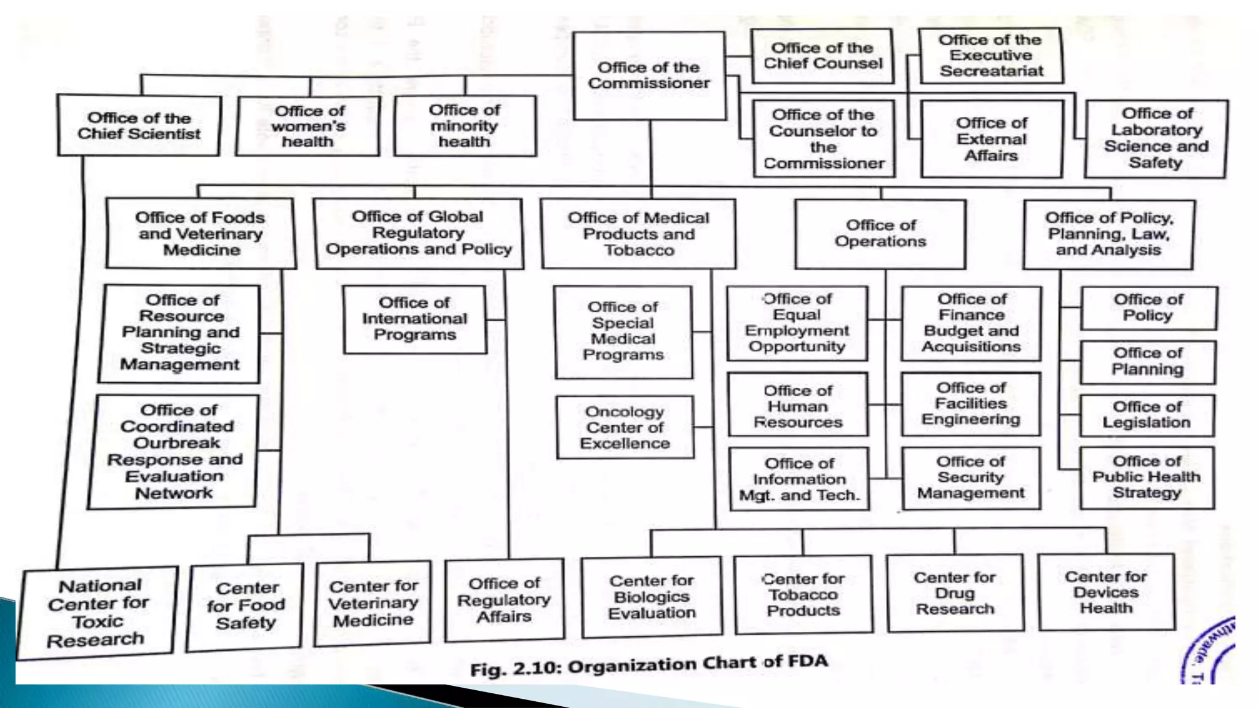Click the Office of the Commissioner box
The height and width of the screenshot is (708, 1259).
click(x=649, y=76)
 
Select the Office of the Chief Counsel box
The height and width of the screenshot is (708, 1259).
click(x=822, y=56)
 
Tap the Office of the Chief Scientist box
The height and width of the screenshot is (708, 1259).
click(x=139, y=125)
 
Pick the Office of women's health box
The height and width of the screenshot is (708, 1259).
click(x=308, y=126)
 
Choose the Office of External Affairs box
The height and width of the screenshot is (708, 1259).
click(x=991, y=139)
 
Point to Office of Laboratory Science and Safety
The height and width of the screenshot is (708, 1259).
click(x=1156, y=138)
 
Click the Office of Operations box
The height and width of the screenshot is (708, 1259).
click(x=880, y=234)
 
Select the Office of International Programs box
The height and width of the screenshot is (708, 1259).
click(x=414, y=319)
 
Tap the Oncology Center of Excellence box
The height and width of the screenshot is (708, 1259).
click(x=625, y=427)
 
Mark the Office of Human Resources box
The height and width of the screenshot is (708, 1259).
click(x=798, y=406)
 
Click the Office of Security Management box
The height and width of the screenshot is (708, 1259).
click(x=971, y=478)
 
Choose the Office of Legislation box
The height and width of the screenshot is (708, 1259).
click(x=1147, y=415)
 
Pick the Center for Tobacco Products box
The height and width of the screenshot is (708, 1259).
click(x=803, y=594)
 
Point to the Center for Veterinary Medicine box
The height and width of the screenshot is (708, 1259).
click(x=373, y=603)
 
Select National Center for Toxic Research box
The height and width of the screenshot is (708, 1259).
click(x=97, y=613)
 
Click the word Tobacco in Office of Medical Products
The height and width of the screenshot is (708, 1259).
click(x=639, y=250)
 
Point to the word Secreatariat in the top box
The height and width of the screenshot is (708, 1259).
click(x=991, y=71)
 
